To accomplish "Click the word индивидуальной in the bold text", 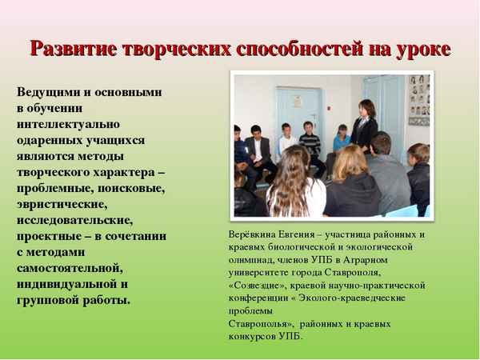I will [x=66, y=283].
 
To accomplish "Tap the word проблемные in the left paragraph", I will [x=57, y=188].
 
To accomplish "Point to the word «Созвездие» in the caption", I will [x=258, y=285].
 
